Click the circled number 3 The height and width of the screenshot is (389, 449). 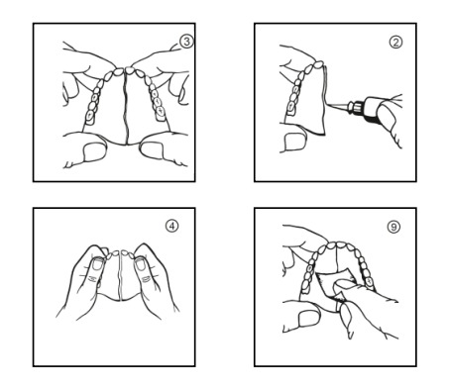point(186,42)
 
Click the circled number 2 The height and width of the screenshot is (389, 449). point(395,42)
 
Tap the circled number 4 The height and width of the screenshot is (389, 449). point(171,226)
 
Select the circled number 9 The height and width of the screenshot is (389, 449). point(393,227)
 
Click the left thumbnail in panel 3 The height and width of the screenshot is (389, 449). point(94,152)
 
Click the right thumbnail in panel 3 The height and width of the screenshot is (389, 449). point(152,150)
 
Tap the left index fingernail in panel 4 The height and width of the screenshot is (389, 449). point(97,264)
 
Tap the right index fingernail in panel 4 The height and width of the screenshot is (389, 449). point(141,264)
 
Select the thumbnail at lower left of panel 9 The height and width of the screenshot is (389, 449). point(309,318)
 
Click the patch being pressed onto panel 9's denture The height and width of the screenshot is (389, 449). point(334,283)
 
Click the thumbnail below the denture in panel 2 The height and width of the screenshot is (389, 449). point(295,142)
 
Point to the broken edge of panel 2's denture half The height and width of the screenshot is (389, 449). point(325,101)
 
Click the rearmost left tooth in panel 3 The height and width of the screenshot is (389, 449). point(89,117)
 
